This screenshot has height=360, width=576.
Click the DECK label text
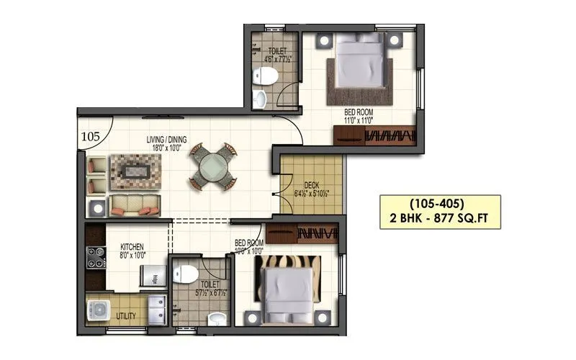click(311, 186)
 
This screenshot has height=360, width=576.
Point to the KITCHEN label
click(132, 247)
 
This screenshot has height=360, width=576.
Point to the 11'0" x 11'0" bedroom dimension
click(358, 120)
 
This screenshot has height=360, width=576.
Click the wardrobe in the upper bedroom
click(375, 135)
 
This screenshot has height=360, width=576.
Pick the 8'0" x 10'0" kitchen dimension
click(132, 255)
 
